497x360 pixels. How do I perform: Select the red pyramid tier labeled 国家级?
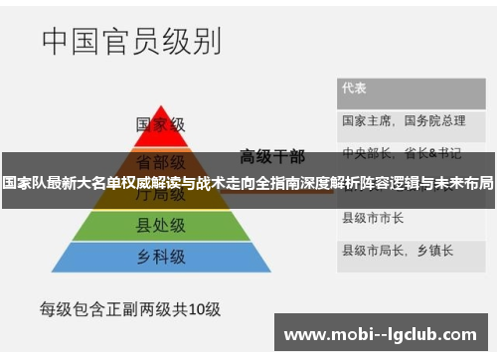coord(161,125)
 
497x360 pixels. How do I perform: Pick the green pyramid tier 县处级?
coord(161,227)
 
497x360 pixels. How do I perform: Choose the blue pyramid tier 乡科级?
coord(161,258)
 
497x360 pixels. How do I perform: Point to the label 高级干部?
coord(272,155)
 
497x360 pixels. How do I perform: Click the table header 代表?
coord(355,88)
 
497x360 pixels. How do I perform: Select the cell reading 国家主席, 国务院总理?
coord(404,121)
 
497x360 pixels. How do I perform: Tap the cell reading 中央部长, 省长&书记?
coord(402,154)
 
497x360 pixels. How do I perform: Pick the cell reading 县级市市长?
coord(372,217)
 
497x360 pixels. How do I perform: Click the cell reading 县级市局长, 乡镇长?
coord(391,249)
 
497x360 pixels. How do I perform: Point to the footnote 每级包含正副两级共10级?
coord(130,308)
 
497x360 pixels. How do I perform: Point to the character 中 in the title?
coord(57,42)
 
